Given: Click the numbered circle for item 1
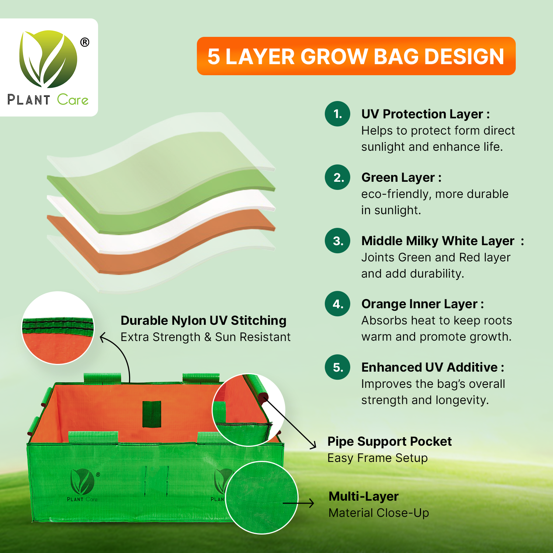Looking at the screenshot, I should [x=337, y=114].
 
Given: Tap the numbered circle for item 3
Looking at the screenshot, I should [x=337, y=241].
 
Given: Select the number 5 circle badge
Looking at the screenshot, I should [x=337, y=367].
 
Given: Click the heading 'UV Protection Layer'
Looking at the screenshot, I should [x=422, y=114].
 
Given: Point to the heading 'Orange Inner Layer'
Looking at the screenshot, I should [x=420, y=304].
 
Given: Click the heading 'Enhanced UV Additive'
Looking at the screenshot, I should [x=429, y=367].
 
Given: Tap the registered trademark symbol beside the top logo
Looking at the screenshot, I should [x=85, y=42].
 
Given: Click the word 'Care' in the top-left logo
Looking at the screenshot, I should [x=73, y=100].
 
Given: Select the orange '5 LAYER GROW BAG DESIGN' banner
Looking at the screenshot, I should [x=356, y=56].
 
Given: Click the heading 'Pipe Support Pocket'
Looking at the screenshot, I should [x=389, y=441].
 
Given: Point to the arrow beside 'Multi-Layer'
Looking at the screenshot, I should [x=299, y=503].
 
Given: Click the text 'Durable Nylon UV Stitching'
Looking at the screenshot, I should [x=204, y=320].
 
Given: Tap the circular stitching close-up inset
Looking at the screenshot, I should [x=58, y=328].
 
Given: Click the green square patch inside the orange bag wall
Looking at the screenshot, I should [x=152, y=414].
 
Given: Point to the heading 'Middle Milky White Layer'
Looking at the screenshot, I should [x=438, y=241].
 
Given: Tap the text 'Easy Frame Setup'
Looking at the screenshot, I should [x=378, y=458].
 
